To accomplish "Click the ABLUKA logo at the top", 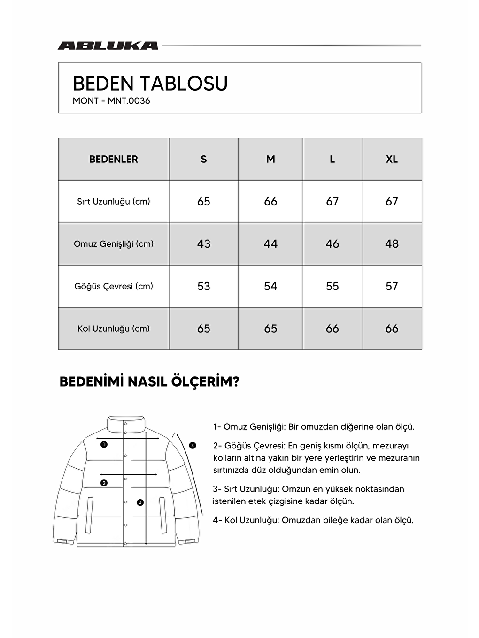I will pyautogui.click(x=108, y=46).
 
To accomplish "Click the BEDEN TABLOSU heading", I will pyautogui.click(x=150, y=84).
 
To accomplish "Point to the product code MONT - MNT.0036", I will pyautogui.click(x=111, y=101).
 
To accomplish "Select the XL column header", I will pyautogui.click(x=392, y=159).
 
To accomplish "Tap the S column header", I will pyautogui.click(x=203, y=159).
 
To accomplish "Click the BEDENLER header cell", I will pyautogui.click(x=114, y=159).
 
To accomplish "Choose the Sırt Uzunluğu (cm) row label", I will pyautogui.click(x=114, y=202).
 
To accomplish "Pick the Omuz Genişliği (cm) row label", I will pyautogui.click(x=114, y=244).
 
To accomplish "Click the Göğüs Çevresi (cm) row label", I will pyautogui.click(x=114, y=286).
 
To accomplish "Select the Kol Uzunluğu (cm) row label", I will pyautogui.click(x=114, y=328).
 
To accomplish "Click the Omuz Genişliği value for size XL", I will pyautogui.click(x=392, y=244).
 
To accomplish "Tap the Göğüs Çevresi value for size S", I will pyautogui.click(x=203, y=286).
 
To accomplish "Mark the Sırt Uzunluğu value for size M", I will pyautogui.click(x=270, y=202).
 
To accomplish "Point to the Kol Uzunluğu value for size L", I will pyautogui.click(x=332, y=328).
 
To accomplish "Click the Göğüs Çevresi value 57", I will pyautogui.click(x=392, y=286).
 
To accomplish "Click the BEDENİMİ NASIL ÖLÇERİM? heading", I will pyautogui.click(x=149, y=382).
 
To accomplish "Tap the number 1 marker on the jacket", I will pyautogui.click(x=104, y=444).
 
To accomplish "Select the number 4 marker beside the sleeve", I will pyautogui.click(x=193, y=445).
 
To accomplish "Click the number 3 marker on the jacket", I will pyautogui.click(x=140, y=502).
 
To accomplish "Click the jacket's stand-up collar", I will pyautogui.click(x=126, y=423).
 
